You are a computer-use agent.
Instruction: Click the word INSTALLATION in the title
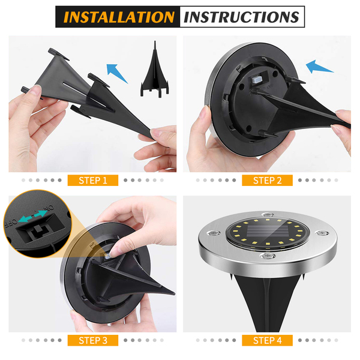coord(119,17)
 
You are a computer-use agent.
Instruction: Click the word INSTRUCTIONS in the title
coord(242,17)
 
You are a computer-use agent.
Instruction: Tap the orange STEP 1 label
coord(93,181)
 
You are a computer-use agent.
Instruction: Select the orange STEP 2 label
coord(267,181)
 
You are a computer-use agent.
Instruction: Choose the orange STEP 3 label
coord(93,340)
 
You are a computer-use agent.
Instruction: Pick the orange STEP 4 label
coord(267,340)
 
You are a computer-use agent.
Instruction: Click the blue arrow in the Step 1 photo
coord(116,73)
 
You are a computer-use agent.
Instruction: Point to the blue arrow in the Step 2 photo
coord(319,67)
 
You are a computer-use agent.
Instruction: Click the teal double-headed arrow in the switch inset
coord(32,216)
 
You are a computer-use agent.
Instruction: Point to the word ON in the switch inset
coord(49,208)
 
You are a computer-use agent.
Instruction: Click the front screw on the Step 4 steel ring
coord(267,256)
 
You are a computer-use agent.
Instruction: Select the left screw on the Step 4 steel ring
coord(214,233)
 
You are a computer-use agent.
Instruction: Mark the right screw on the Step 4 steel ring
coord(322,233)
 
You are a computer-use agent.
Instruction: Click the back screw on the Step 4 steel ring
coord(268,214)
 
